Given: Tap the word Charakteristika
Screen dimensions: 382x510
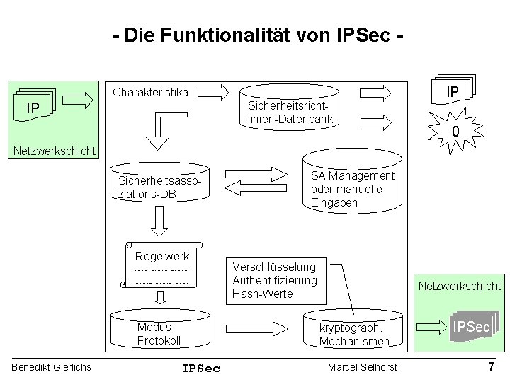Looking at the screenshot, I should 151,92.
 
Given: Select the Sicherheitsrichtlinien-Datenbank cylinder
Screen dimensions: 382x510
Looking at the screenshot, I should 290,110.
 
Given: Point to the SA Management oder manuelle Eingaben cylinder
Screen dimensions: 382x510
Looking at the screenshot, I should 353,188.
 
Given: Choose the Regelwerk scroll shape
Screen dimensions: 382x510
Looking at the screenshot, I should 161,269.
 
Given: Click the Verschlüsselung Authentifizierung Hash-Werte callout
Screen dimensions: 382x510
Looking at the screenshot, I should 275,279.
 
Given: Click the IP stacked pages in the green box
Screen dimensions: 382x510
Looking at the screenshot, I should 33,107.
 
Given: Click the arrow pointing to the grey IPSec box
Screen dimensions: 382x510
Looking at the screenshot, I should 429,327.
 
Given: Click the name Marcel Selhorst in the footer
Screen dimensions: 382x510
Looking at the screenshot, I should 363,366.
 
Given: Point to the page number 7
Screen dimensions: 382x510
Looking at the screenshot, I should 491,366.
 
